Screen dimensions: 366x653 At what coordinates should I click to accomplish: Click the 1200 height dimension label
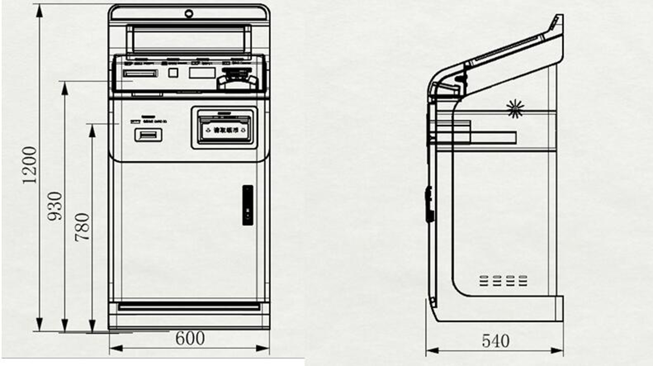(29, 165)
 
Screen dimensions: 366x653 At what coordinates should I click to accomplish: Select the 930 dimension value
(55, 206)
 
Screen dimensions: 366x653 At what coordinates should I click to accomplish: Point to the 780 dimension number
(83, 227)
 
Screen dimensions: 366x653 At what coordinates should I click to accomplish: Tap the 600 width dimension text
(190, 339)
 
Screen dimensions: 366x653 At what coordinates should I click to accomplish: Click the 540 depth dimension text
(495, 341)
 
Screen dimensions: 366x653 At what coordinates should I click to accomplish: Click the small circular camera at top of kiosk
(189, 13)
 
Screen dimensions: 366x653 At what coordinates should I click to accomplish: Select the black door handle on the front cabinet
(247, 205)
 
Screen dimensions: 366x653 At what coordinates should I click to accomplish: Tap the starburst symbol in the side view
(515, 108)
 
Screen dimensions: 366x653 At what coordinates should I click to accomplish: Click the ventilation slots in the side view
(503, 280)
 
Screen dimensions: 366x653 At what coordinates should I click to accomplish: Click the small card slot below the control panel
(148, 135)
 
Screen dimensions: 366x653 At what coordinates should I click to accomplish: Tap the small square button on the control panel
(173, 72)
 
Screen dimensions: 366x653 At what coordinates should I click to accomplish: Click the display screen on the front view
(189, 39)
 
